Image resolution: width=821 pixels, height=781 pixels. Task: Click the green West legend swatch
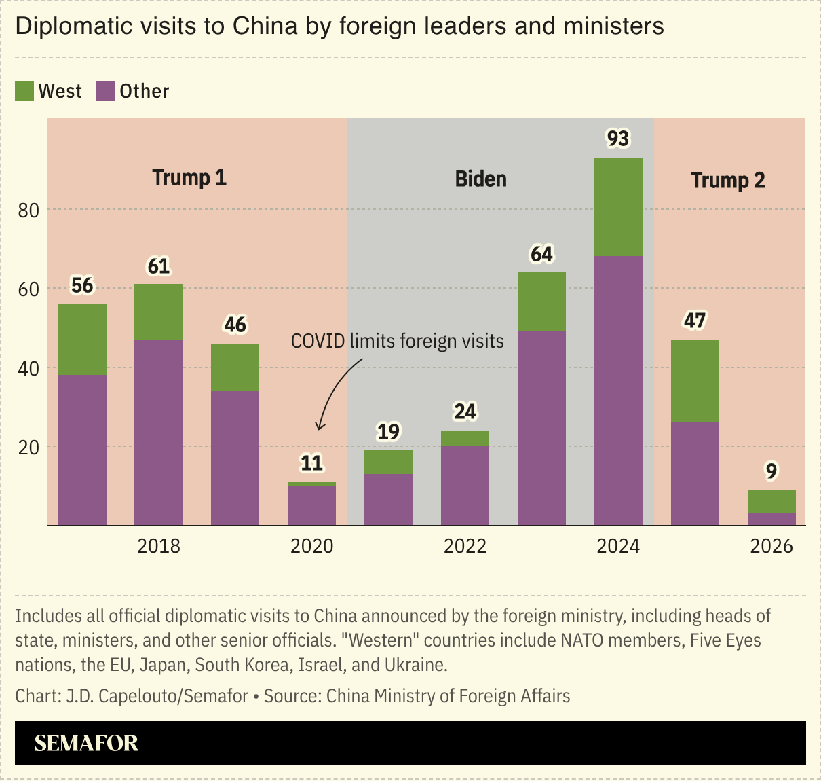pyautogui.click(x=24, y=91)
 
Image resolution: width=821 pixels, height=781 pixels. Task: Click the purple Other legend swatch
pyautogui.click(x=106, y=91)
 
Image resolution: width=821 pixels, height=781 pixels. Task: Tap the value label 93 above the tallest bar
pyautogui.click(x=618, y=139)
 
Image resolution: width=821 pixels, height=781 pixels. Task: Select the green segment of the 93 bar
pyautogui.click(x=618, y=207)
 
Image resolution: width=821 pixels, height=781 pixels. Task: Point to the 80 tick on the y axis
pyautogui.click(x=29, y=211)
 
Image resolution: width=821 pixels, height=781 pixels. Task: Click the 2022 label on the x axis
pyautogui.click(x=465, y=546)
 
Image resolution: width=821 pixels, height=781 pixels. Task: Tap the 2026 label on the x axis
pyautogui.click(x=771, y=546)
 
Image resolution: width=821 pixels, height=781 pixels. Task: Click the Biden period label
pyautogui.click(x=480, y=179)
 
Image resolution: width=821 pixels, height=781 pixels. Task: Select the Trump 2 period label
pyautogui.click(x=727, y=181)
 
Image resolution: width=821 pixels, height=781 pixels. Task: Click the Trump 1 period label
pyautogui.click(x=189, y=178)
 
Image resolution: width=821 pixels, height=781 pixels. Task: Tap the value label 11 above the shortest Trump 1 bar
pyautogui.click(x=311, y=463)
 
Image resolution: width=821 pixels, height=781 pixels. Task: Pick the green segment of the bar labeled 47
pyautogui.click(x=695, y=380)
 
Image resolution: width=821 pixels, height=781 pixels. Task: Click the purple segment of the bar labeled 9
pyautogui.click(x=771, y=519)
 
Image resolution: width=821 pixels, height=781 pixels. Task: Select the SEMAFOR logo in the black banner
pyautogui.click(x=86, y=743)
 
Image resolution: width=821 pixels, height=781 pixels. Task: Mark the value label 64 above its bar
pyautogui.click(x=541, y=254)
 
